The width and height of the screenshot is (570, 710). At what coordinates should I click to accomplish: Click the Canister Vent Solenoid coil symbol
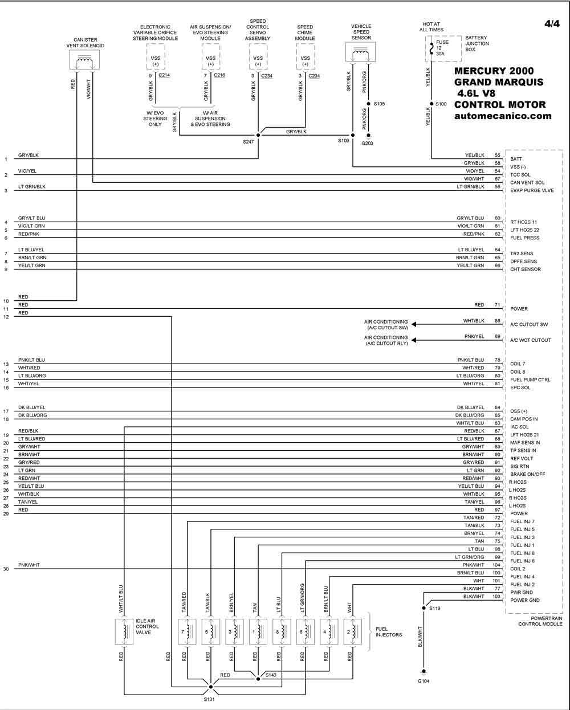pos(84,60)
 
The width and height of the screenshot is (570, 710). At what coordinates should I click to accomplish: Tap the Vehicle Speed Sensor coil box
pos(360,52)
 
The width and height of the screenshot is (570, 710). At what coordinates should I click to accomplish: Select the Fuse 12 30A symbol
pos(431,49)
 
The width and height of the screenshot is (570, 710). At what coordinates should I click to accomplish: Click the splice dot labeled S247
pos(258,135)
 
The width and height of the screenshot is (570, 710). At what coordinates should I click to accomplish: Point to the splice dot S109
pos(352,135)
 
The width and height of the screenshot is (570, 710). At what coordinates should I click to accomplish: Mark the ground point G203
pos(368,135)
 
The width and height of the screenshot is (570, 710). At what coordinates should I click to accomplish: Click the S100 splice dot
pos(431,104)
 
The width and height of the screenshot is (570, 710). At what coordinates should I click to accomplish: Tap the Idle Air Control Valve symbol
pos(124,631)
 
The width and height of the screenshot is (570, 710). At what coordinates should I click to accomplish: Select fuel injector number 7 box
pos(187,631)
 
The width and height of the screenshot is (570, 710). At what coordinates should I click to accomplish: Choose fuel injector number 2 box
pos(352,631)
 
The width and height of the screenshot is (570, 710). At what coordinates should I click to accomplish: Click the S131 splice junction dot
pos(210,687)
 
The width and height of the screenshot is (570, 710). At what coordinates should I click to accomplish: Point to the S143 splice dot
pos(258,679)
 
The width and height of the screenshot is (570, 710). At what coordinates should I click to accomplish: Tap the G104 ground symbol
pos(424,671)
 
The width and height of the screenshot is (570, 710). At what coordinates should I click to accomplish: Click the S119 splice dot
pos(424,608)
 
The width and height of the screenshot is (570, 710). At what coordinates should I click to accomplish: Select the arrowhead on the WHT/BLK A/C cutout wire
pos(414,324)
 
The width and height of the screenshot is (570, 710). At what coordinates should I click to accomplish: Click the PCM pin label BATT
pos(516,159)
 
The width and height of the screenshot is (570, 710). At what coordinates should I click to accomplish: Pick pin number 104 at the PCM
pos(496,565)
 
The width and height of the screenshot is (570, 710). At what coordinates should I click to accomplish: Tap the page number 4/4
pos(552,24)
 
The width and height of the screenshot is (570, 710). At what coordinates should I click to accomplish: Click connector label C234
pos(267,76)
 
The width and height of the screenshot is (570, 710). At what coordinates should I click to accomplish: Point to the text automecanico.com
pos(503,116)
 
